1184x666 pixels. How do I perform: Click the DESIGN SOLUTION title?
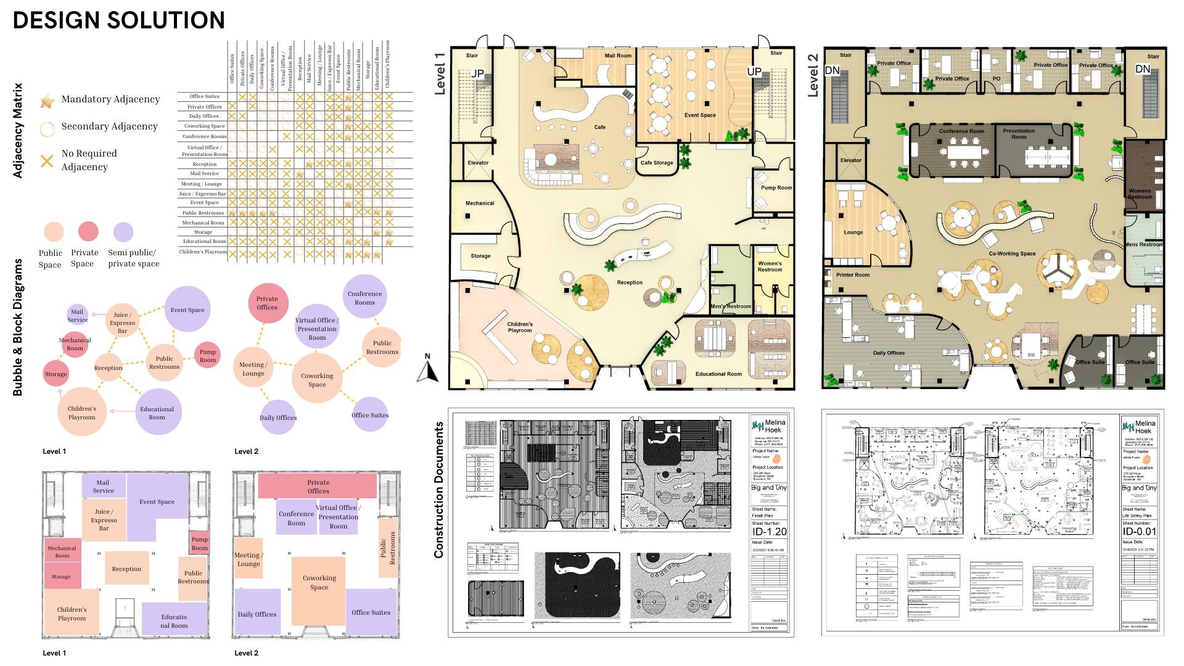[119, 20]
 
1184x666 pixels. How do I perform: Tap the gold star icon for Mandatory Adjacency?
[47, 101]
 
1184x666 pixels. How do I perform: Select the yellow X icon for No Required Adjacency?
[47, 161]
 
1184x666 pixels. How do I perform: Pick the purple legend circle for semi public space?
[123, 232]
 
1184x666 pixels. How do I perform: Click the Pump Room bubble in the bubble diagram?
[208, 356]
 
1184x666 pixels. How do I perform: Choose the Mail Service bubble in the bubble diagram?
[77, 315]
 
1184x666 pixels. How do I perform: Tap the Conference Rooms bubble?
[364, 297]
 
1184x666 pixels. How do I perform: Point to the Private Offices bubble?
[267, 303]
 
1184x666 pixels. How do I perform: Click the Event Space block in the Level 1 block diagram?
[157, 501]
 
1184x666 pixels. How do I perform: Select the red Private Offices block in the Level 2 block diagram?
[318, 486]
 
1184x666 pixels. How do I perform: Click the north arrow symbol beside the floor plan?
[427, 369]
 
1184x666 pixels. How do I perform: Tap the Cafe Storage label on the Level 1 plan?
[657, 163]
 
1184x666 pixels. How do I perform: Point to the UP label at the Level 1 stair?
[754, 72]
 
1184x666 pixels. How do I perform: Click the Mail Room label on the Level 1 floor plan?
[618, 56]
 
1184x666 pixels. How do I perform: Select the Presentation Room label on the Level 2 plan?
[1019, 134]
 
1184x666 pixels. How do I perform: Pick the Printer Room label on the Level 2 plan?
[853, 275]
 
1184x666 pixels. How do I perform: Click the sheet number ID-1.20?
[769, 532]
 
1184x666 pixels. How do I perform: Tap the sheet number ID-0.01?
[1139, 532]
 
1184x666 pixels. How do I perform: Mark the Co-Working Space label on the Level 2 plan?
[1012, 253]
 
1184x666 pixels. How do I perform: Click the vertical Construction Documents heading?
[439, 490]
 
